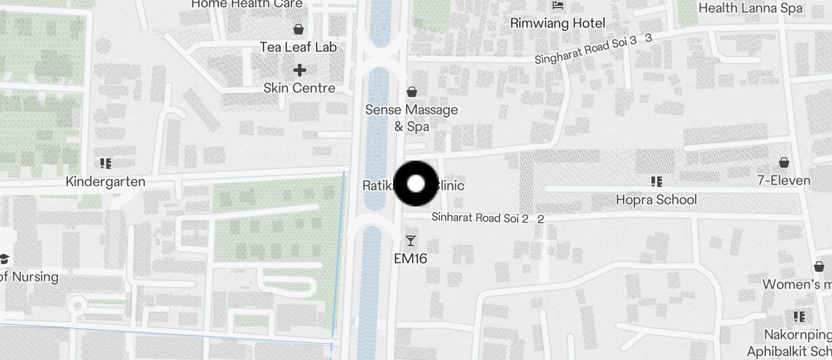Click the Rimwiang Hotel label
point(557,23)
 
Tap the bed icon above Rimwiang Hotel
point(558,5)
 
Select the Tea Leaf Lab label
point(298,47)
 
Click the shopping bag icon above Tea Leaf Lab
point(299,29)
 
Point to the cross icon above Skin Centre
point(299,70)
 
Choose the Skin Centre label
point(299,88)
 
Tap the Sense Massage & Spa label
point(411,117)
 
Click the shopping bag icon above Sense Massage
point(412,91)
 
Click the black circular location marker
point(415,184)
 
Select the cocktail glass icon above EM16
point(411,240)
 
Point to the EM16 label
point(411,258)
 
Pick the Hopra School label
point(656,200)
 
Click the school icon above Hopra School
point(656,182)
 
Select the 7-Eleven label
point(784,181)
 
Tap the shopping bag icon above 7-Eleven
point(784,162)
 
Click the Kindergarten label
point(105,182)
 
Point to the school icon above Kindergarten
point(105,163)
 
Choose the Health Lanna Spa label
point(750,8)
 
